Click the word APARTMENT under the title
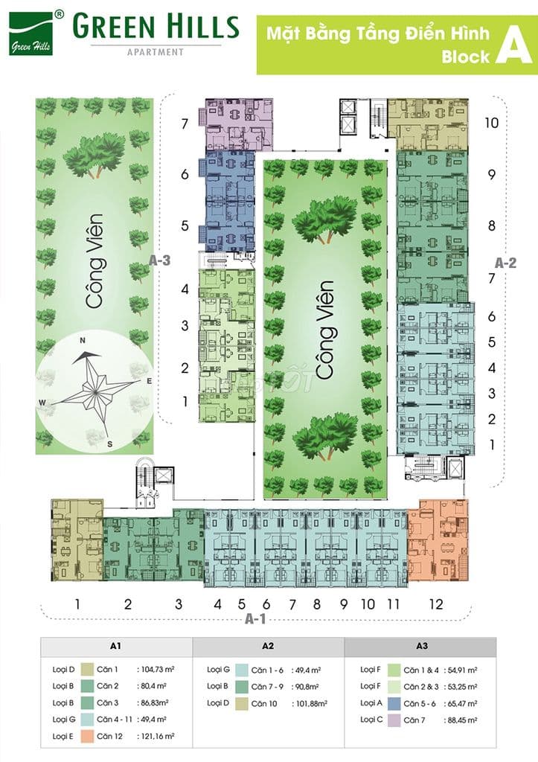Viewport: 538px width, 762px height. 156,52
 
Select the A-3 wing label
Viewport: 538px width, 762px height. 159,261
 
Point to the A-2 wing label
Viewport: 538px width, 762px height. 506,262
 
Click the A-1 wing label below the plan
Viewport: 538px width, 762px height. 258,619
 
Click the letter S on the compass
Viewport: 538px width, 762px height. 109,444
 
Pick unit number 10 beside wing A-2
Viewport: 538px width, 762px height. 491,123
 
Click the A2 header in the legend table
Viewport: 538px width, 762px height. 268,647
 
